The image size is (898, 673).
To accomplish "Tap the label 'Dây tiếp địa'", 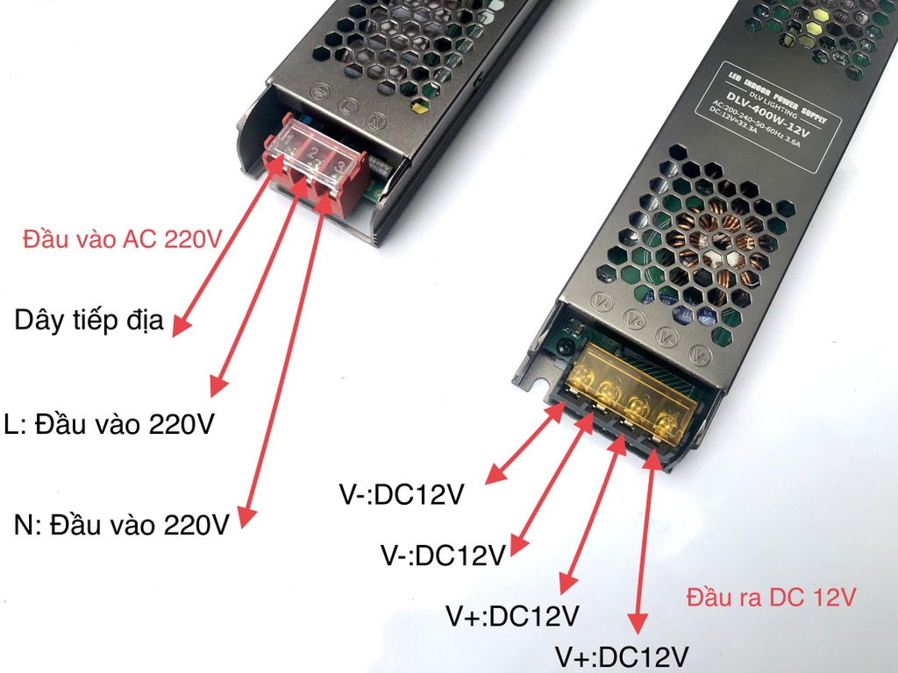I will click(x=89, y=320).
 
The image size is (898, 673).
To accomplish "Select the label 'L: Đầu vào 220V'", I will click(x=109, y=424).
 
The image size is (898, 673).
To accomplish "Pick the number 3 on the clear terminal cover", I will click(x=338, y=163).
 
